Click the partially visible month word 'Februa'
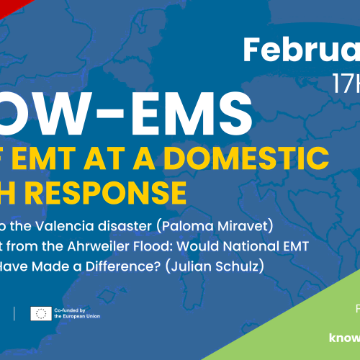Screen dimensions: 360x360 tap(301, 50)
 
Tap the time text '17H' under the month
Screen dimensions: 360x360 tap(346, 84)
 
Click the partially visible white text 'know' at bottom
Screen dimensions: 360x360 tap(344, 336)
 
